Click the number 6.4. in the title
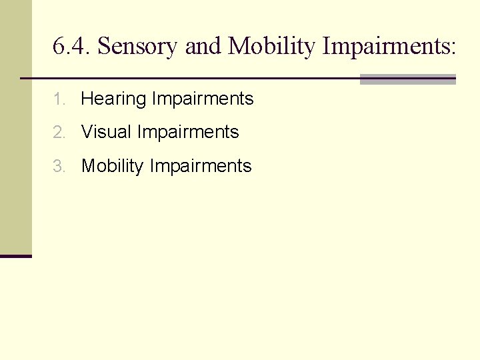pyautogui.click(x=72, y=47)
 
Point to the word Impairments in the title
pyautogui.click(x=386, y=47)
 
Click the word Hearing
pyautogui.click(x=113, y=99)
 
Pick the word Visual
pyautogui.click(x=106, y=132)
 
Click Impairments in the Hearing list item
pyautogui.click(x=203, y=99)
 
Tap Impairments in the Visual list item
pyautogui.click(x=188, y=132)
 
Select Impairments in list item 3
pyautogui.click(x=201, y=166)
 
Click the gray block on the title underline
pyautogui.click(x=407, y=79)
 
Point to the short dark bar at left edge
pyautogui.click(x=15, y=256)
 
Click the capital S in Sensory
pyautogui.click(x=102, y=47)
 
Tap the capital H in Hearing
pyautogui.click(x=87, y=99)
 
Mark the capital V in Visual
pyautogui.click(x=87, y=132)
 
